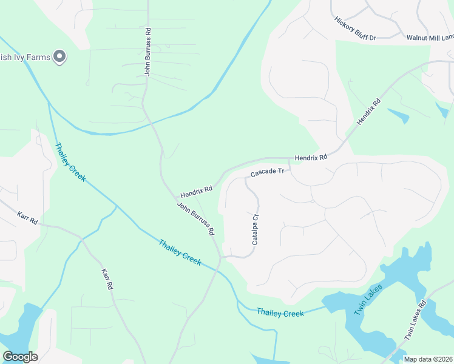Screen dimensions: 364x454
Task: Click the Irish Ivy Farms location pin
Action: [x=59, y=57]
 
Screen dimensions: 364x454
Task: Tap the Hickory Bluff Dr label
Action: [x=355, y=29]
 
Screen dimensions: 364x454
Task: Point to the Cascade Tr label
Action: [x=267, y=173]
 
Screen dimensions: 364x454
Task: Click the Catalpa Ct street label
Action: [x=256, y=229]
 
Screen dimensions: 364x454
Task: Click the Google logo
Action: [x=20, y=356]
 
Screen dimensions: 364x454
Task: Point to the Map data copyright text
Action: [x=428, y=359]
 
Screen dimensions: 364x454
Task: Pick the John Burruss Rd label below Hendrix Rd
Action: [x=195, y=219]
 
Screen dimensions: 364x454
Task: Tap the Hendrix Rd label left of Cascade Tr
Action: [x=196, y=192]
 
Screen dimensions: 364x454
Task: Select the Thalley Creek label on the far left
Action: [x=70, y=162]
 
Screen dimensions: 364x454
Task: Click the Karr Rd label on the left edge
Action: [x=27, y=218]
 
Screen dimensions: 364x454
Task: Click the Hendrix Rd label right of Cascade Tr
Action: [x=311, y=157]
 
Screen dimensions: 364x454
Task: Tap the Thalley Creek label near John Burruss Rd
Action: [x=180, y=251]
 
